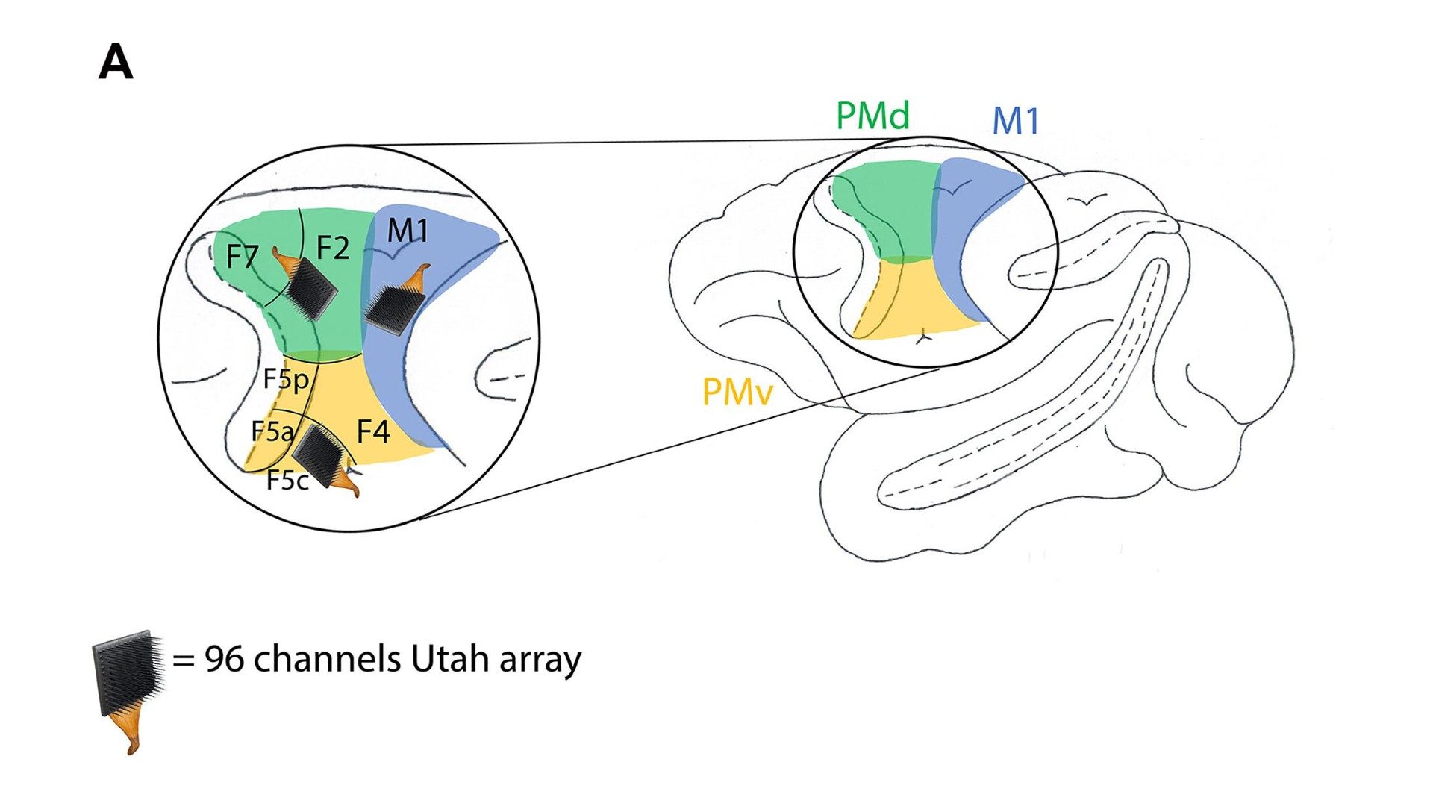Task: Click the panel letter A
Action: tap(116, 63)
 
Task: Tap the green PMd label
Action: tap(872, 116)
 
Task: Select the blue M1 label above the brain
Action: tap(1015, 122)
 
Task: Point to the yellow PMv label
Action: tap(737, 392)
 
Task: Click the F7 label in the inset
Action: tap(242, 257)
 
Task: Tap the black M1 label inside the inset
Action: tap(408, 231)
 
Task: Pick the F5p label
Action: tap(286, 379)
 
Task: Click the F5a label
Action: tap(271, 431)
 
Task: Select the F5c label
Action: tap(287, 481)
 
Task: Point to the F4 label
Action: tap(372, 431)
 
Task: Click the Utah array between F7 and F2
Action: tap(311, 290)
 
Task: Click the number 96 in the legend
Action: tap(224, 659)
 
